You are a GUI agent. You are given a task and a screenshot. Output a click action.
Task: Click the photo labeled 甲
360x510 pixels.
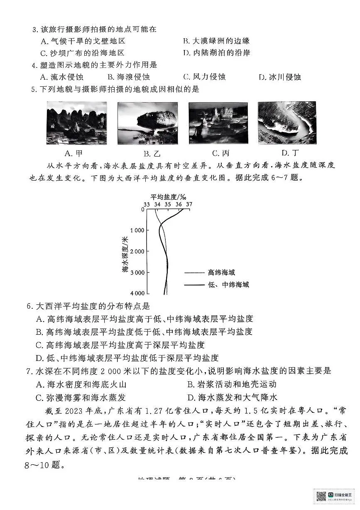76,123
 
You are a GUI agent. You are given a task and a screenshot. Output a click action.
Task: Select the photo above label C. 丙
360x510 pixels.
218,123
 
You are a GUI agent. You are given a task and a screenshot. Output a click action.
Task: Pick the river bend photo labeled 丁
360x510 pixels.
287,123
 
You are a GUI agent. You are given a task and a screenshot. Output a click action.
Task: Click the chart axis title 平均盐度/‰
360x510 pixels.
169,196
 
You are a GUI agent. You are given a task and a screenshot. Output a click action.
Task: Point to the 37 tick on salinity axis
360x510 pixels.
189,204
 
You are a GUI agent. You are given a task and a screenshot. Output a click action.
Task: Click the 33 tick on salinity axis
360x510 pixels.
147,204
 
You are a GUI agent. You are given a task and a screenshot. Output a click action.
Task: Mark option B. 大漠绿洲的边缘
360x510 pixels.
216,41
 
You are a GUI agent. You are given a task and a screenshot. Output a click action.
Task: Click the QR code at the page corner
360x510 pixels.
322,496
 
